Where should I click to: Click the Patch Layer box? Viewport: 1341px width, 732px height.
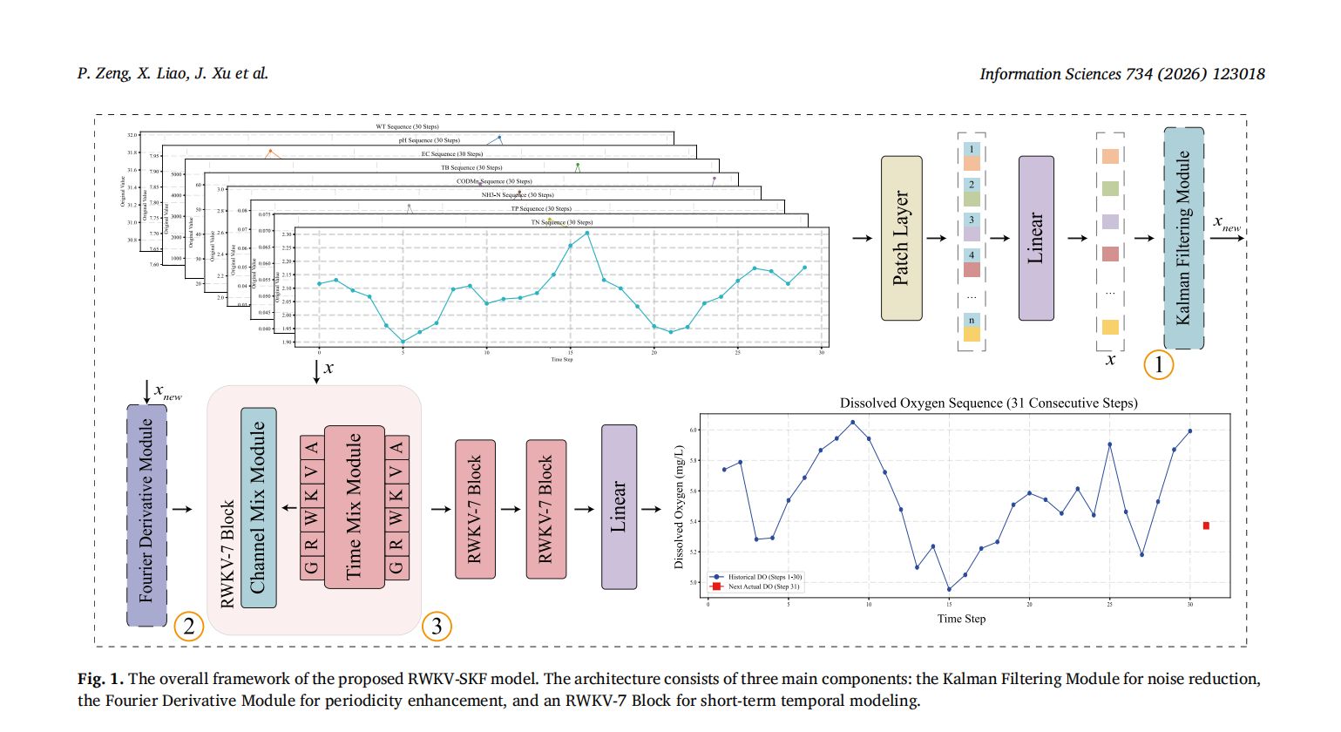901,238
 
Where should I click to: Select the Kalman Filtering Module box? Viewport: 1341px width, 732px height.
1183,238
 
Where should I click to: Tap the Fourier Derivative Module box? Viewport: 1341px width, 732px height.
146,514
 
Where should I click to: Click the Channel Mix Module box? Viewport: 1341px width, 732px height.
258,507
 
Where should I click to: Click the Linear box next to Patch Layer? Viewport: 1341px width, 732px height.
1036,238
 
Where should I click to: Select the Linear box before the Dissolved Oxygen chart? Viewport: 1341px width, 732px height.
619,507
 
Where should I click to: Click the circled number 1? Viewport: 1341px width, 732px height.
1158,364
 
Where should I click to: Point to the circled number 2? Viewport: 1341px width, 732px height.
188,626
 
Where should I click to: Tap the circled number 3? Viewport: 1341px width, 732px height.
437,626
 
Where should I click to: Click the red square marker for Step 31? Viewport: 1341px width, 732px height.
1206,525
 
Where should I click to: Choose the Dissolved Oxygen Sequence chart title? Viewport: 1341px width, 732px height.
988,403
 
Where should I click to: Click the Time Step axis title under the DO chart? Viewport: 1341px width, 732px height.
961,619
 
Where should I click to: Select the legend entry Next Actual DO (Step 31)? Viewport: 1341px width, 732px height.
763,586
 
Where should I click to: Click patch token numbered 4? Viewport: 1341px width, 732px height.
972,262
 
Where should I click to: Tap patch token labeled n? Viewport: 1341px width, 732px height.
972,327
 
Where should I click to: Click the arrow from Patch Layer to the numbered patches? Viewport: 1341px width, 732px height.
936,238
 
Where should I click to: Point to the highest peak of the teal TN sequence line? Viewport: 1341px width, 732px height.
587,233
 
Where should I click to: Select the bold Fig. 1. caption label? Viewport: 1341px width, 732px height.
100,679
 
